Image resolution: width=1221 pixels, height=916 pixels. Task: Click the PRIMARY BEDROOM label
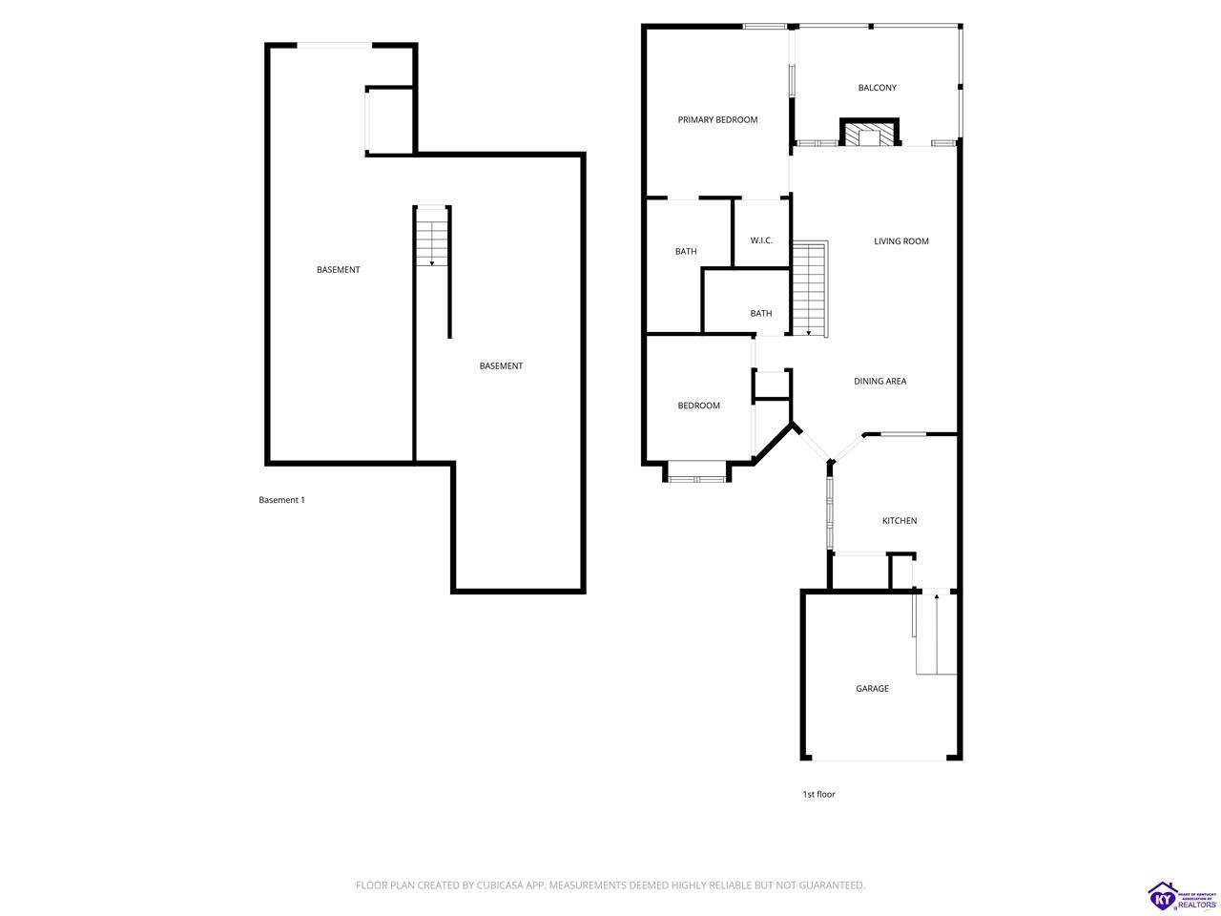[717, 119]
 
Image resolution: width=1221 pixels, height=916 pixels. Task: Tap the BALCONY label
[877, 88]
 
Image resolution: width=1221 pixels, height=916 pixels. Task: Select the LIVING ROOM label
[900, 240]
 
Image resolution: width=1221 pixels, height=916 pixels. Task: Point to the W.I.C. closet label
[761, 240]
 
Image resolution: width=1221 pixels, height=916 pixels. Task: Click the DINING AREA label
[880, 381]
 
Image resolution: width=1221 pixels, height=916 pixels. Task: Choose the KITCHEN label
[899, 521]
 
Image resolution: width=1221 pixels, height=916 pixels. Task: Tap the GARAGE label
[872, 689]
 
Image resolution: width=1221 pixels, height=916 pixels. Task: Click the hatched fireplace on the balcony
[869, 133]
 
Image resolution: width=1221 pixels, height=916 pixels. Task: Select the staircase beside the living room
[810, 289]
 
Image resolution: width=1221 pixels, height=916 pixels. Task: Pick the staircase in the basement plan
[432, 237]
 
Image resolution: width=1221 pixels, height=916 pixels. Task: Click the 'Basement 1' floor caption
[281, 500]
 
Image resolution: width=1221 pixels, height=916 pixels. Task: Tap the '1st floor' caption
[818, 794]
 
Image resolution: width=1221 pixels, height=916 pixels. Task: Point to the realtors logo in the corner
[1182, 897]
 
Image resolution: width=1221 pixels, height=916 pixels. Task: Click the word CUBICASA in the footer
[500, 885]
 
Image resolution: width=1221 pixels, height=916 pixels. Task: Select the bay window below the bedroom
[696, 471]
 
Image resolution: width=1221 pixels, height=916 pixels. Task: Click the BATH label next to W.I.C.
[685, 251]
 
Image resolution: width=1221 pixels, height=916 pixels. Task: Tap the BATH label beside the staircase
[760, 314]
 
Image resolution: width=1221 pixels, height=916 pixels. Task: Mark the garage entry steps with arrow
[936, 634]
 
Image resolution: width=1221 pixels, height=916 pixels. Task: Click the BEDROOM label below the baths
[698, 406]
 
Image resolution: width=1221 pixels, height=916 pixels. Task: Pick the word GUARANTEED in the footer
[833, 885]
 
